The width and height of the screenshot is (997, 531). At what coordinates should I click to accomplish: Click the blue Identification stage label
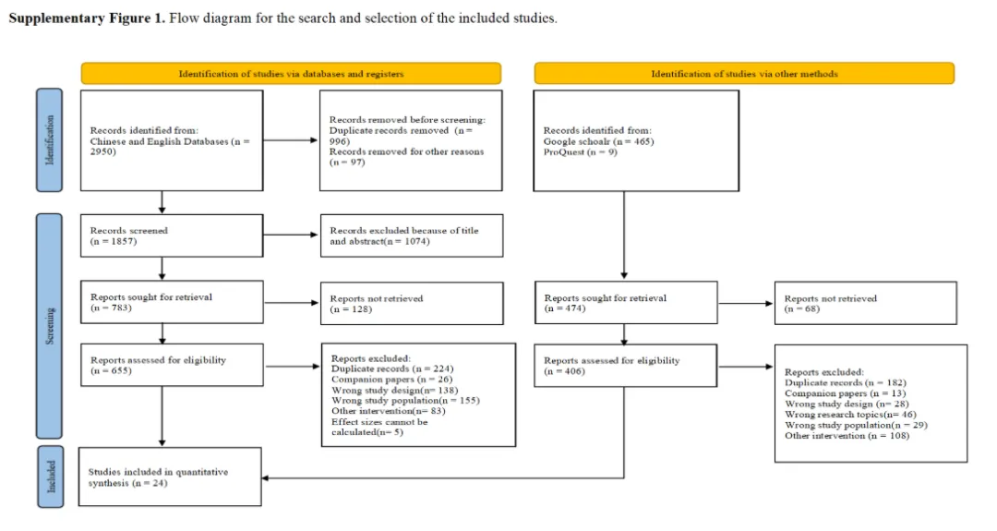click(49, 139)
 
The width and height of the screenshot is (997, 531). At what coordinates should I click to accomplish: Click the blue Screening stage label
click(49, 326)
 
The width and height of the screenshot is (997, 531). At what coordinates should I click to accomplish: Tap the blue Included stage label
click(50, 477)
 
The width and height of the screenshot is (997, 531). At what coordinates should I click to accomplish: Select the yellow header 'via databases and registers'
click(291, 73)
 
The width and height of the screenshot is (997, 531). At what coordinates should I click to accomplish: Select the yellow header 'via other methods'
click(744, 73)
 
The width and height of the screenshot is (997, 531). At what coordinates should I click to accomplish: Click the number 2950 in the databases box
click(103, 152)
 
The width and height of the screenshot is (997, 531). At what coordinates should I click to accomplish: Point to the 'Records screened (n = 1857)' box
click(172, 235)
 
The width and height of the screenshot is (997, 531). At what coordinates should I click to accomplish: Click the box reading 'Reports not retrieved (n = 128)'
click(412, 303)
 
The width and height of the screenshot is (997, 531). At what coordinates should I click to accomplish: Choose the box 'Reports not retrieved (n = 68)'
click(865, 303)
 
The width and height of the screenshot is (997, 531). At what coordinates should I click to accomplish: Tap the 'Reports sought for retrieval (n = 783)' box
click(172, 302)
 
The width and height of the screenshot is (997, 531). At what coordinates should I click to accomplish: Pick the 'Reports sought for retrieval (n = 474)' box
click(626, 303)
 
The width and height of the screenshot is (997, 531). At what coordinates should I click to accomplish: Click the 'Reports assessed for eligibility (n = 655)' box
click(172, 365)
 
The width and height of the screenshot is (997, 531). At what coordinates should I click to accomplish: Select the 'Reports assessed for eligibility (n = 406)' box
click(626, 366)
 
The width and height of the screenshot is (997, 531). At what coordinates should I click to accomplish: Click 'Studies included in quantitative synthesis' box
click(170, 477)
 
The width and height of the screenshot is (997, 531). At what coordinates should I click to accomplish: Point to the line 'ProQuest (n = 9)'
click(580, 152)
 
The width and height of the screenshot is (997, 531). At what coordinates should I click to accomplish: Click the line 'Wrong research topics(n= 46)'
click(850, 414)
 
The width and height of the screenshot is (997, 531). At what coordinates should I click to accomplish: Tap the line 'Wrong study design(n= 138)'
click(394, 390)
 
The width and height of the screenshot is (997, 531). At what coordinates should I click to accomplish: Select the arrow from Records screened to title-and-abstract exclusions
click(291, 235)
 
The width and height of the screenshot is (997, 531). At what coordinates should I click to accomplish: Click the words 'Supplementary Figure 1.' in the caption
click(87, 18)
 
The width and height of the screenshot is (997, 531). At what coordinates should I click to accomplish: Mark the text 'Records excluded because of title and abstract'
click(404, 235)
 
